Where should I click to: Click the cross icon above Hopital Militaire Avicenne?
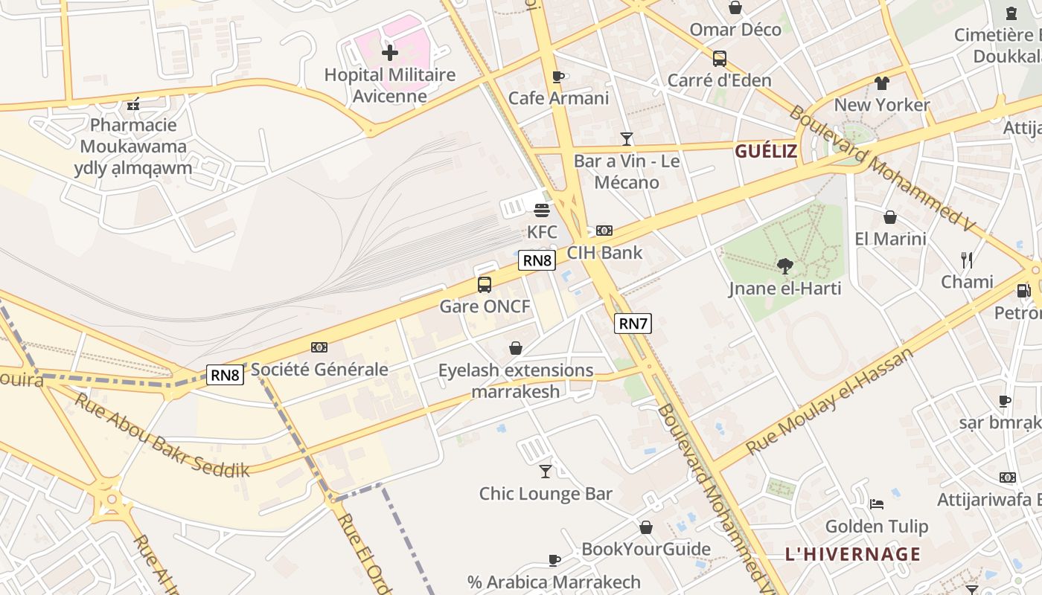pos(389,52)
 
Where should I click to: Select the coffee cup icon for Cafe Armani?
pos(558,77)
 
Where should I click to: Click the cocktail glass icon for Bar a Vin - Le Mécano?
pos(626,138)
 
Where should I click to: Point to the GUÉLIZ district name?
pos(766,152)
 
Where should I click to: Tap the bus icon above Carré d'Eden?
pos(719,59)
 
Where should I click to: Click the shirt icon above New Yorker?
pos(881,83)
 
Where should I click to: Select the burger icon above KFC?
pos(542,210)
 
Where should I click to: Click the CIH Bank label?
pos(604,252)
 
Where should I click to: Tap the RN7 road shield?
pos(633,323)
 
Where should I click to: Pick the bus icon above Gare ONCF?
pos(485,284)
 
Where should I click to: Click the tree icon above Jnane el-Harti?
pos(784,266)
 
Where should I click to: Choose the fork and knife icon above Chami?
pos(967,260)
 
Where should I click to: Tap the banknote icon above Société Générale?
pos(319,347)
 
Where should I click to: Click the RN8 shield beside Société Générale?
pos(225,375)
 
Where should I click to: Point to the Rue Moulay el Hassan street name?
pos(829,401)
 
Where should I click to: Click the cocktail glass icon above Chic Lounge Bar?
pos(546,471)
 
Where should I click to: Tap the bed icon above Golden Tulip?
pos(877,504)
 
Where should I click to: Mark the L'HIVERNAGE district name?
pos(852,554)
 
